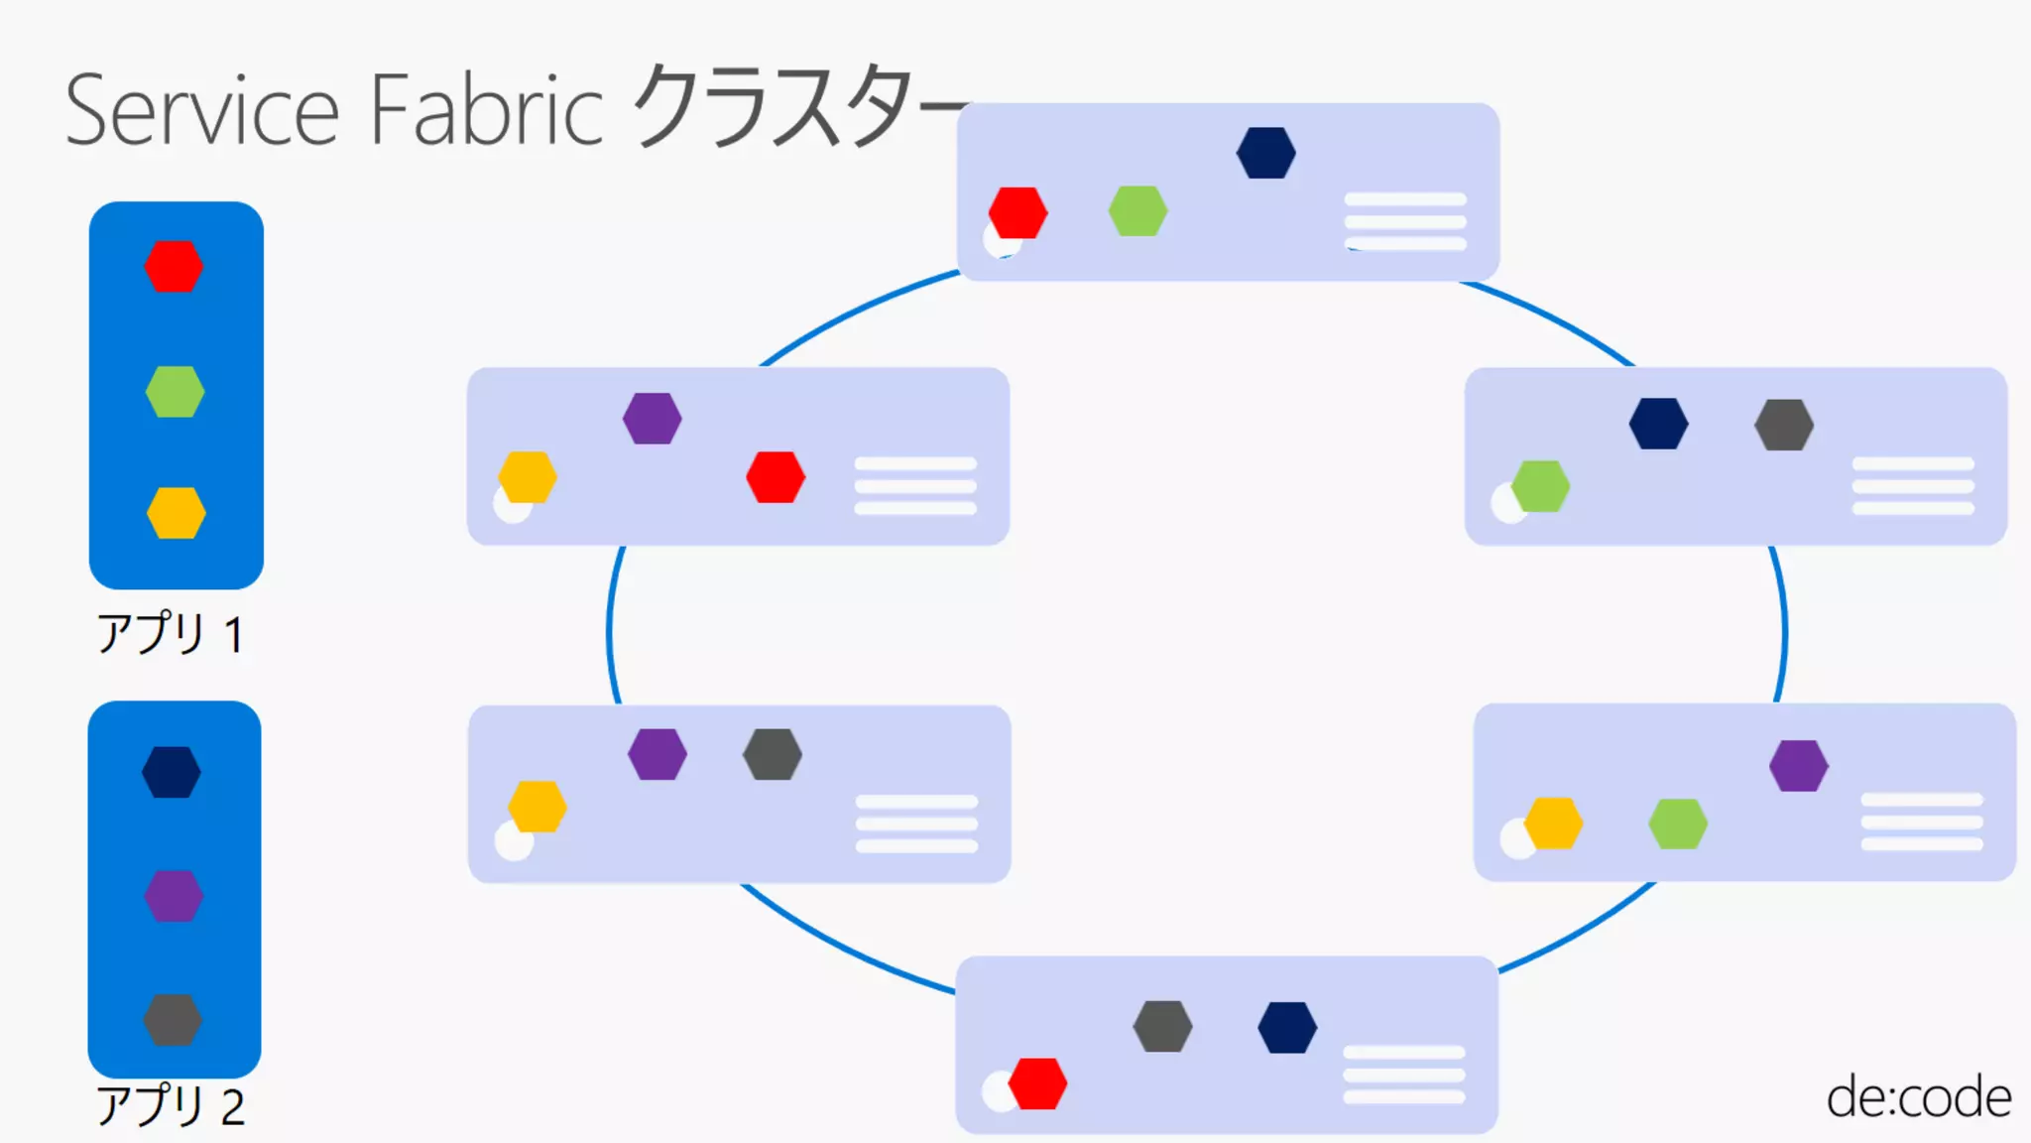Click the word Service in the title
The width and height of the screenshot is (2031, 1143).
click(x=202, y=111)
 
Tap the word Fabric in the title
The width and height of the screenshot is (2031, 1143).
click(x=486, y=111)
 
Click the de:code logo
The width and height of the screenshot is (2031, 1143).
click(x=1918, y=1097)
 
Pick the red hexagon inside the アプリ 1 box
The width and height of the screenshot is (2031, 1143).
click(x=174, y=266)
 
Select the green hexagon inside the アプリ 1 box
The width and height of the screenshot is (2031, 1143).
click(x=175, y=391)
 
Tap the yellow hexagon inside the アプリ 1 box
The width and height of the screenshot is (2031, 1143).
click(x=176, y=513)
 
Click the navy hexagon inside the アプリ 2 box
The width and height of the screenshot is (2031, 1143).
click(x=172, y=772)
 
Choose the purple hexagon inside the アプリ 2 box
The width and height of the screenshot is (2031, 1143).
click(x=174, y=896)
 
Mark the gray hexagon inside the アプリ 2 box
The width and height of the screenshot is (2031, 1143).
click(x=173, y=1020)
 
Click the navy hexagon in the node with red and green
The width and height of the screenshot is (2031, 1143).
click(x=1265, y=153)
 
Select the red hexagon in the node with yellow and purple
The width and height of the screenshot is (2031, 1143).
click(x=776, y=477)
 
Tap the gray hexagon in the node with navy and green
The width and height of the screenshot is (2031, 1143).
click(x=1784, y=425)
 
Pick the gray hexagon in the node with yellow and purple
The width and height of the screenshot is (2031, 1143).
click(x=773, y=754)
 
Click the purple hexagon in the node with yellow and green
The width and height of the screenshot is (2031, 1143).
click(x=1798, y=766)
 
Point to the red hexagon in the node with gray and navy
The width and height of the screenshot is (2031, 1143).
click(x=1037, y=1083)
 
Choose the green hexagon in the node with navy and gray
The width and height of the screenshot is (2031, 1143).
click(x=1540, y=486)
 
